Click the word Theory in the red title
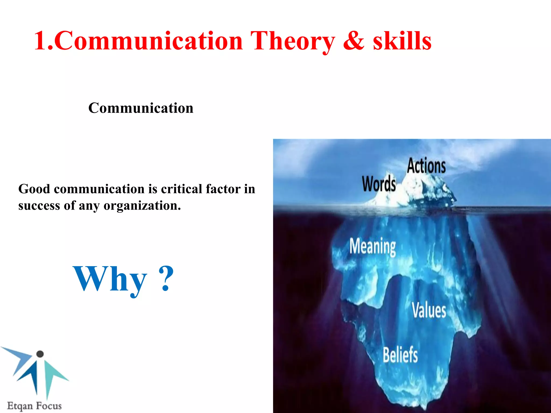click(293, 41)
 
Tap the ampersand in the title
click(354, 41)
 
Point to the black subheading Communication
click(141, 108)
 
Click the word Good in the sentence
click(34, 189)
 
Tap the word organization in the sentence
click(142, 206)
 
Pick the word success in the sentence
click(39, 206)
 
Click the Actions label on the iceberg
click(426, 166)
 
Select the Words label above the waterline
click(379, 184)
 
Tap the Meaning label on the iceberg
click(373, 246)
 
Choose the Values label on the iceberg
click(429, 310)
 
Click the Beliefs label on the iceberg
click(400, 355)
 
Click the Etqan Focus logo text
click(34, 405)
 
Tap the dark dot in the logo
click(40, 354)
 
